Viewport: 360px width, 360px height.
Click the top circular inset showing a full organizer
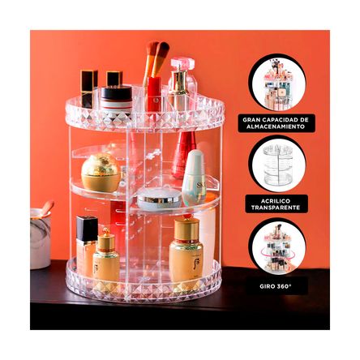pos(277,84)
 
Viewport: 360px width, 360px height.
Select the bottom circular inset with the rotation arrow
pos(277,248)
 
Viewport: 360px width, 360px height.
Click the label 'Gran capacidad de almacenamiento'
pos(277,123)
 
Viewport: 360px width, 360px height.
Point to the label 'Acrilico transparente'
pos(277,204)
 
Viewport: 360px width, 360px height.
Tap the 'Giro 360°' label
pos(277,285)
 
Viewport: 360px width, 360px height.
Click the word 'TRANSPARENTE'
pos(277,208)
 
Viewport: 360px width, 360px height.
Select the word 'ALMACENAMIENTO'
pos(277,127)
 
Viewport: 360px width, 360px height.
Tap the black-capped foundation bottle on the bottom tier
pos(86,244)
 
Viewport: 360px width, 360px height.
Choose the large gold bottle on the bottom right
pos(186,251)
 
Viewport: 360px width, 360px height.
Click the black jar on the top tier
pos(117,97)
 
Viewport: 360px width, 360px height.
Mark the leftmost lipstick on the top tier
pos(88,88)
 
